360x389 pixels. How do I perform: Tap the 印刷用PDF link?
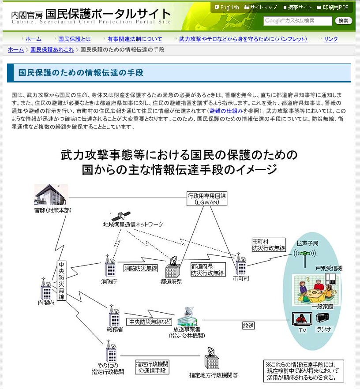click(x=335, y=7)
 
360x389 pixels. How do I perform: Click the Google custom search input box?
click(x=298, y=21)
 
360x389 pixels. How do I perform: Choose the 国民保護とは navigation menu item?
click(x=74, y=39)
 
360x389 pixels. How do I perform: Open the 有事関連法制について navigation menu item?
click(x=135, y=39)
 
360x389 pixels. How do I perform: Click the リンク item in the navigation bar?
click(x=331, y=39)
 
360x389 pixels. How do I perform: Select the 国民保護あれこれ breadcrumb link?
click(x=52, y=49)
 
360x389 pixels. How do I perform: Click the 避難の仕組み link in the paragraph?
click(x=226, y=111)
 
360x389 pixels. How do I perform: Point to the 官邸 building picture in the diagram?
click(x=52, y=194)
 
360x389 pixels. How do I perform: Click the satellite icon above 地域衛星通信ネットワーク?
click(x=120, y=216)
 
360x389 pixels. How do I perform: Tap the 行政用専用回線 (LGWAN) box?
click(x=206, y=199)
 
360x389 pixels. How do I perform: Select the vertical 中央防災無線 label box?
click(x=61, y=281)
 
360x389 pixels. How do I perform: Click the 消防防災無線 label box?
click(x=140, y=268)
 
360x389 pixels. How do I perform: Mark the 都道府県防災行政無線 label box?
click(x=207, y=269)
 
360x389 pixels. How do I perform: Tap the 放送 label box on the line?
click(x=248, y=325)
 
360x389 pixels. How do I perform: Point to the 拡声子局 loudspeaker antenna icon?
click(x=306, y=255)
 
